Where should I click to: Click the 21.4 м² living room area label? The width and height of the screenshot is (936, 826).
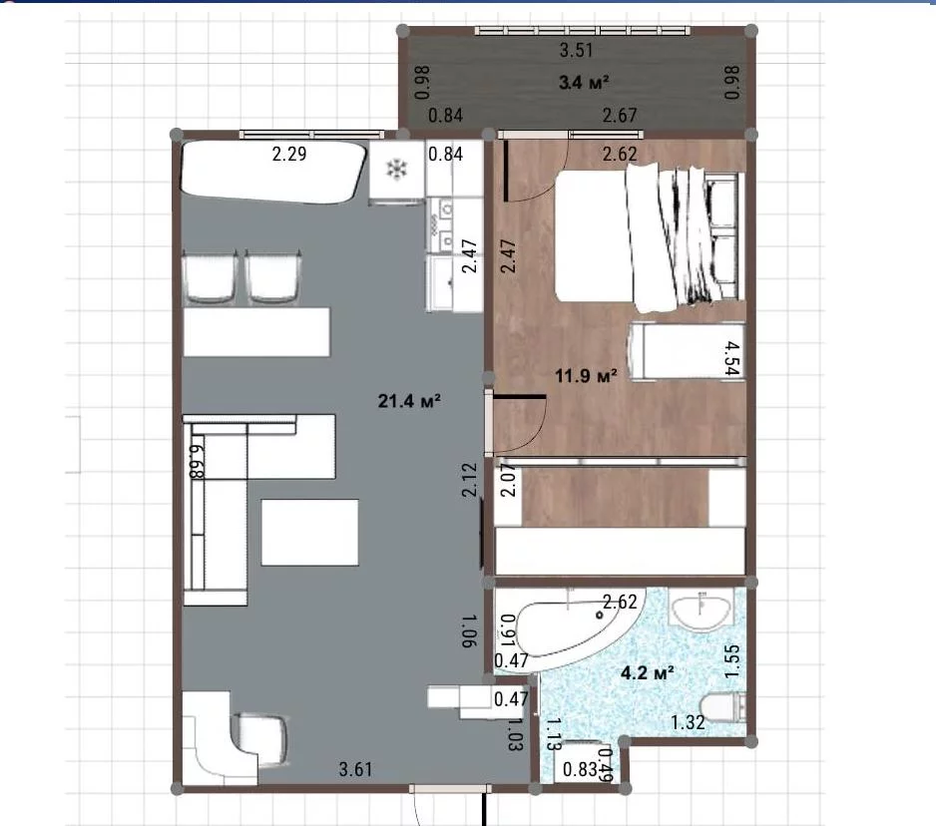409,400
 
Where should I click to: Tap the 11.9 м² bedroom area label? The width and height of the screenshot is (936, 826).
586,376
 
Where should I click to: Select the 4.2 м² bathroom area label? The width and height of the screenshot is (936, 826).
648,673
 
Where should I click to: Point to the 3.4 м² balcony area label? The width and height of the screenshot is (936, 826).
584,82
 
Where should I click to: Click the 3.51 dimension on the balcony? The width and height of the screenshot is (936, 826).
577,50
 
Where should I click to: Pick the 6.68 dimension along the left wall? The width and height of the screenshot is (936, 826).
197,461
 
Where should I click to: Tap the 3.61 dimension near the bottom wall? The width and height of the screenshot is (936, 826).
356,769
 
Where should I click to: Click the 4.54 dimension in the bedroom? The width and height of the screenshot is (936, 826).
731,358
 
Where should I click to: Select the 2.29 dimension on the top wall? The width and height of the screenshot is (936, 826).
289,154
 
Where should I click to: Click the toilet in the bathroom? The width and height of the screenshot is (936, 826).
723,708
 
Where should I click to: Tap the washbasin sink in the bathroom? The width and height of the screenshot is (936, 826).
702,613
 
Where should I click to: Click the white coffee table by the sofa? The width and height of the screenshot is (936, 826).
309,533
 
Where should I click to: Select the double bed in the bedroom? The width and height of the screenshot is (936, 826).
649,237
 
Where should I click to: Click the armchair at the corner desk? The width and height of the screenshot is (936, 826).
261,739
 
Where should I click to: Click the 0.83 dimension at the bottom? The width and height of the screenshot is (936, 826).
580,769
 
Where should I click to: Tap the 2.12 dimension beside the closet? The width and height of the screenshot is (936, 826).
470,480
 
